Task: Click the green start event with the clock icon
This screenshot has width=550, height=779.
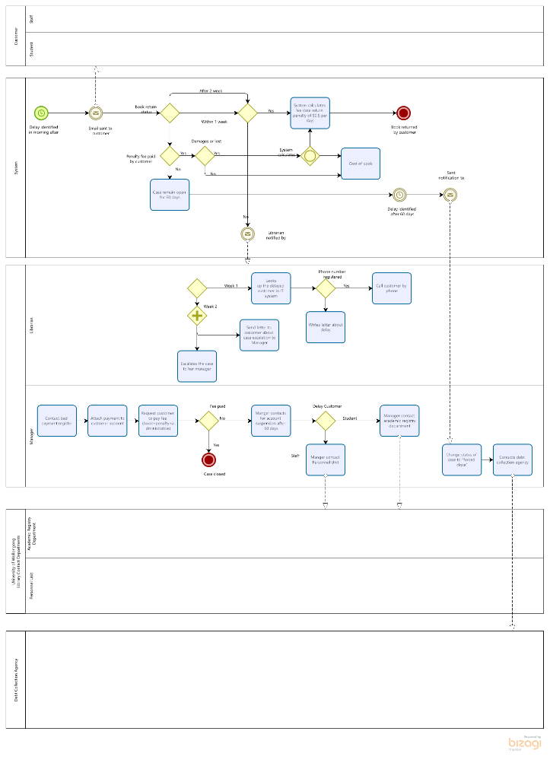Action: point(41,113)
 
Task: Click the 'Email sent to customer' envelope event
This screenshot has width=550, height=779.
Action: point(96,113)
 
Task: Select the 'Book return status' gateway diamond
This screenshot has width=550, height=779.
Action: point(169,113)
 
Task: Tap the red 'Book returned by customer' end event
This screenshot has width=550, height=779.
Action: point(404,113)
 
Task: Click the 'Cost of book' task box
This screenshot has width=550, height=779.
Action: point(361,164)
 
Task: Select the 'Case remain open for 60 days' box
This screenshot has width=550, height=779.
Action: point(170,195)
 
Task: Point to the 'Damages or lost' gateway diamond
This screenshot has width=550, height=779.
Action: point(205,156)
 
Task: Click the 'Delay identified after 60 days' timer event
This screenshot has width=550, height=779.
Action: point(400,195)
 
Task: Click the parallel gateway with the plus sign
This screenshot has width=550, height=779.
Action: point(197,315)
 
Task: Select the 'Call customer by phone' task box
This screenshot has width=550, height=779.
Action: point(391,288)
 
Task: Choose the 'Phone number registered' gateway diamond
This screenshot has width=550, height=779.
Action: point(326,288)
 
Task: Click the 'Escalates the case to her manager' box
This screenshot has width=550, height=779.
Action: point(197,366)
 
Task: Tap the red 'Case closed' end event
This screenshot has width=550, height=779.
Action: point(208,459)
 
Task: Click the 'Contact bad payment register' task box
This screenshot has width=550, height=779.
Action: point(58,420)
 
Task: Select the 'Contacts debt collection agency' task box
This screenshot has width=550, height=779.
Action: point(512,459)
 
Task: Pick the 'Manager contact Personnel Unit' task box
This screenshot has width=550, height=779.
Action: point(326,459)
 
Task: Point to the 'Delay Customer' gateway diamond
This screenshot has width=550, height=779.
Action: point(326,420)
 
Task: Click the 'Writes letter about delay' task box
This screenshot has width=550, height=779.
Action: point(326,327)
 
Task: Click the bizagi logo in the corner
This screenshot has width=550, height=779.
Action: point(525,742)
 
